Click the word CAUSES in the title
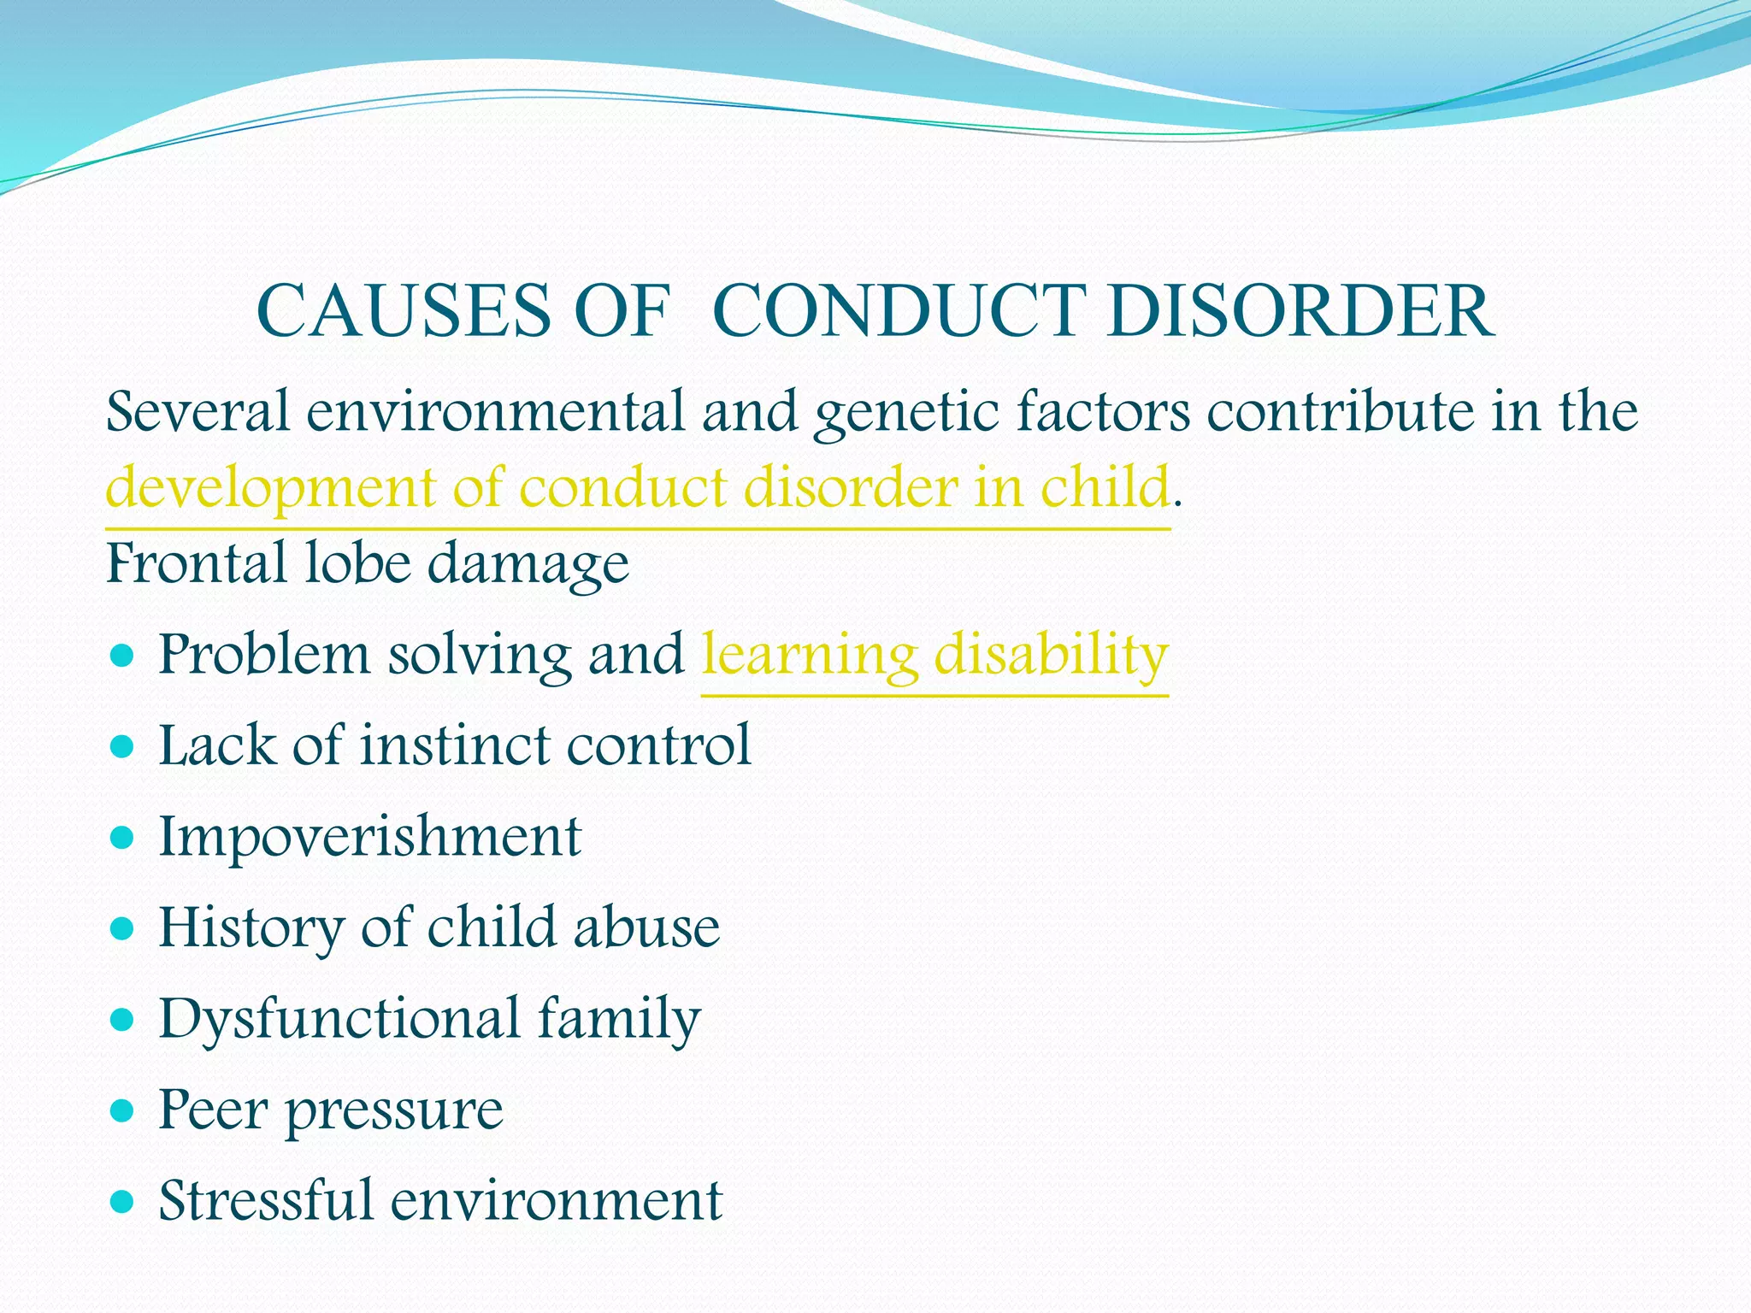[x=404, y=311]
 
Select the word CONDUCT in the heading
[x=899, y=311]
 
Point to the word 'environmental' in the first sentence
[x=495, y=412]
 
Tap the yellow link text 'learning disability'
[x=934, y=656]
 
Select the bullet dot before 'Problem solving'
[x=123, y=656]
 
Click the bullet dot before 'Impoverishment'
[x=123, y=838]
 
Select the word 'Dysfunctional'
[x=339, y=1019]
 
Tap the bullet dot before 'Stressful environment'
[x=123, y=1202]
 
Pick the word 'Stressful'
[x=266, y=1200]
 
